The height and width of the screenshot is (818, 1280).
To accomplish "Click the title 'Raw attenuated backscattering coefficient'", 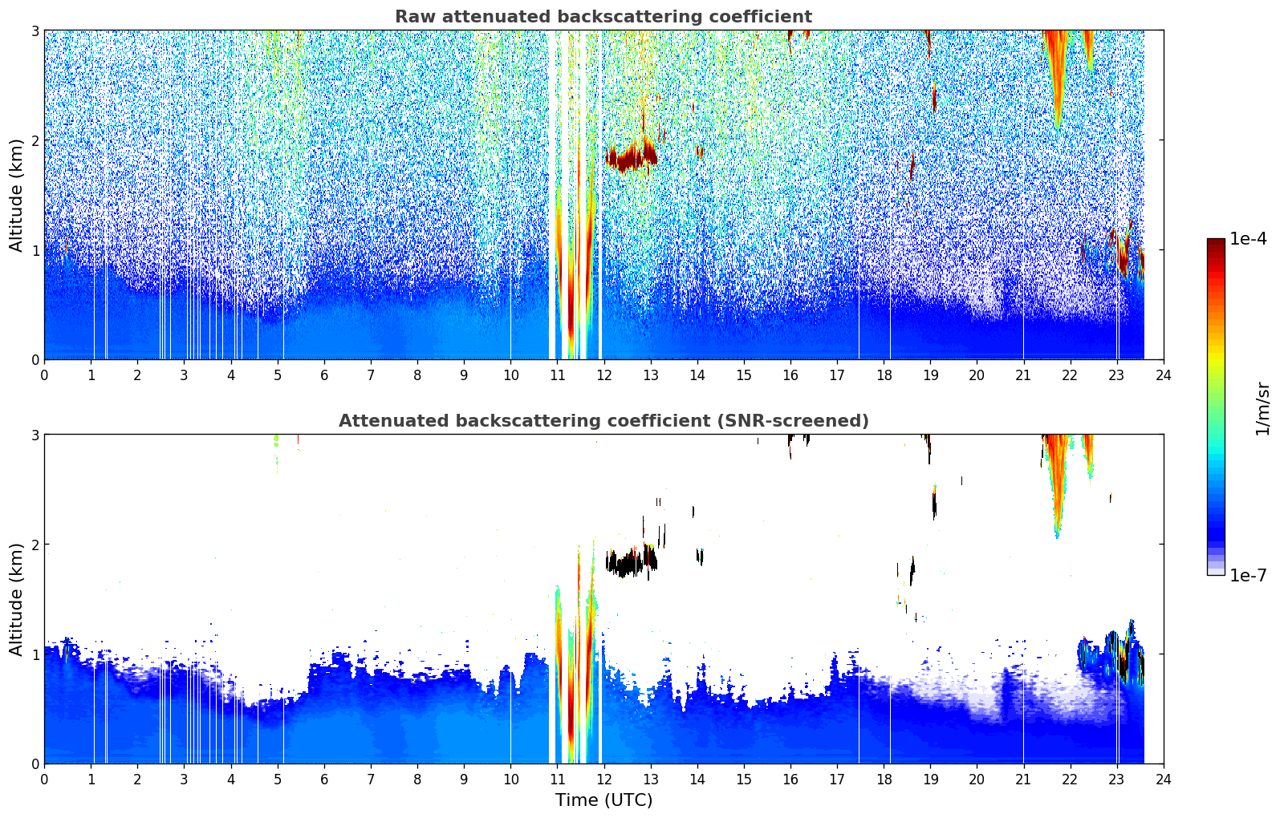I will pos(603,17).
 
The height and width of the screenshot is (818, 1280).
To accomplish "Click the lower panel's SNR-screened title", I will pos(603,421).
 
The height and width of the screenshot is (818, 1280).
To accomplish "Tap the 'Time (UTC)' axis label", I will pos(603,800).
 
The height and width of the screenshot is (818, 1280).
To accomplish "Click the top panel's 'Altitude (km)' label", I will pos(16,195).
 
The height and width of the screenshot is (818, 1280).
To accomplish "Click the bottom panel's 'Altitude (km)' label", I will pos(16,599).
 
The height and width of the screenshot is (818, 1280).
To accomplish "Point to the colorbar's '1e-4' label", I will pos(1248,239).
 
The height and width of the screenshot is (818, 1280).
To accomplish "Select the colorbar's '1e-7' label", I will pos(1248,575).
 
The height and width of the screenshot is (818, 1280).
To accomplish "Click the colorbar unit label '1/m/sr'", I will pos(1262,408).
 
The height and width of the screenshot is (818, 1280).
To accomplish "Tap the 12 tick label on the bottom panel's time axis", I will pos(603,779).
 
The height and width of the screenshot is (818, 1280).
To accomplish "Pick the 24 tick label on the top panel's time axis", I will pos(1163,375).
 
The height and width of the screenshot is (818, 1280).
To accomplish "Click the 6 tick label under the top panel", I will pos(324,375).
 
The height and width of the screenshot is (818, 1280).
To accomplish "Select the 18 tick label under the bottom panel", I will pos(884,779).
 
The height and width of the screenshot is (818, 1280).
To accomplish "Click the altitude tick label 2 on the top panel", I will pos(35,140).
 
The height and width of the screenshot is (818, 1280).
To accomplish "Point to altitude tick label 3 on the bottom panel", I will pos(35,435).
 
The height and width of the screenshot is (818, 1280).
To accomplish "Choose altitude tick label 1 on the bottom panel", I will pos(35,654).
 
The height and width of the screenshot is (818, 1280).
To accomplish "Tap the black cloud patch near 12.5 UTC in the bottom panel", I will pos(622,563).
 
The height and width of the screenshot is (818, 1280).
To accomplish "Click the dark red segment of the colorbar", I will pos(1215,245).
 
